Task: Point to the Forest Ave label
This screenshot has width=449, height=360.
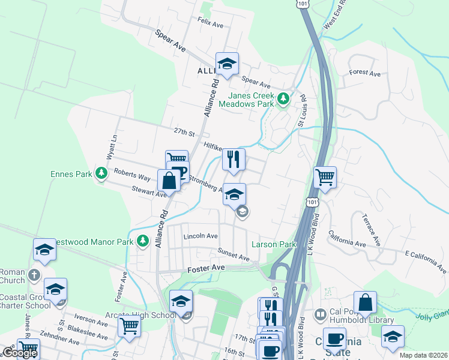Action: [366, 73]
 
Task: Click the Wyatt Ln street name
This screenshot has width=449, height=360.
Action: [110, 147]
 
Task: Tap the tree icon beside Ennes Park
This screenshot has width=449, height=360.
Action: [101, 174]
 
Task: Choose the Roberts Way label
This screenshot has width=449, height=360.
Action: [132, 173]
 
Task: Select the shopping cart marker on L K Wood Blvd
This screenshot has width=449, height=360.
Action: [325, 177]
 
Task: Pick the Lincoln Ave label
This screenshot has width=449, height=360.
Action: [200, 236]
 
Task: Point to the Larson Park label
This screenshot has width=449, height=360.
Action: [274, 245]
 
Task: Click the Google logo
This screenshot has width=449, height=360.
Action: [19, 353]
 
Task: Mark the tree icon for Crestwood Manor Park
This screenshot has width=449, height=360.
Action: [142, 241]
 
